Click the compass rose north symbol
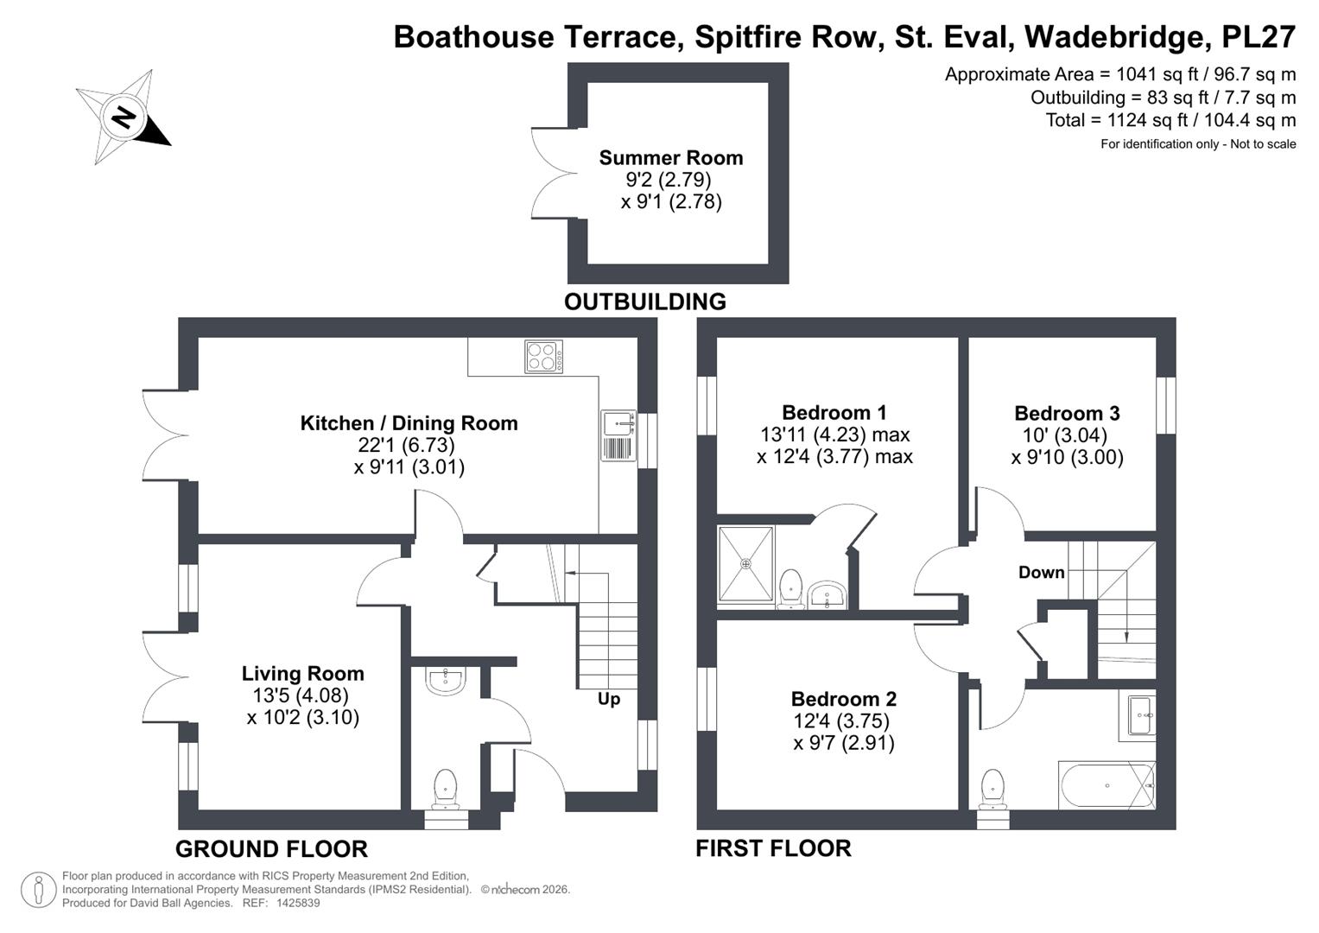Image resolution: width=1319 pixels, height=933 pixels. point(124,117)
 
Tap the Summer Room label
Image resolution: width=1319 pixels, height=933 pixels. point(670,158)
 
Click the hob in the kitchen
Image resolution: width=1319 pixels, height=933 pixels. point(543,357)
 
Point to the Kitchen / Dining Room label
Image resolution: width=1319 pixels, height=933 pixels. point(409,423)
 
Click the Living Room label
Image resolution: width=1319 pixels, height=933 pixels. point(302,674)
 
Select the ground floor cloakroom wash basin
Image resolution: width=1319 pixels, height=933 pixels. point(446,681)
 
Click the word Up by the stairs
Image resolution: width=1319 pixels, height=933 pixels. point(609,699)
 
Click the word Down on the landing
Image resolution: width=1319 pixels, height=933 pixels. point(1041,572)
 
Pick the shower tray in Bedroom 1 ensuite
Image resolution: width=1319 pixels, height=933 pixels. point(745,563)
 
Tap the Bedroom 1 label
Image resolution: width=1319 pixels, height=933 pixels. point(834,413)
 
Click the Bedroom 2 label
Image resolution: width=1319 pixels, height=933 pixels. point(843,699)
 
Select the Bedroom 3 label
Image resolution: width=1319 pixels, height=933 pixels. point(1067,414)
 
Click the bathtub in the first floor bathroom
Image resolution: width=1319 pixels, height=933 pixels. point(1107,785)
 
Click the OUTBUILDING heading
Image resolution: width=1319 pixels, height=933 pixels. point(644,301)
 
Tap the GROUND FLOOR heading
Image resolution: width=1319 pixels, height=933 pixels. point(271,849)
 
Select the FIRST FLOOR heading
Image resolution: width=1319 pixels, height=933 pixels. point(773,848)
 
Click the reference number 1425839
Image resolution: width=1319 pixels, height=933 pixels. point(295,903)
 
